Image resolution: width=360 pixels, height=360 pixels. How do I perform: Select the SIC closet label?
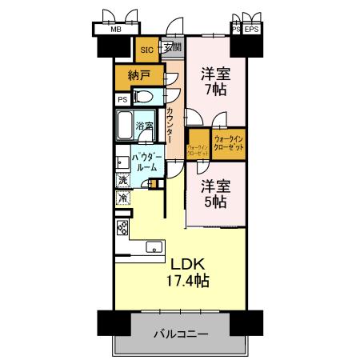pyautogui.click(x=146, y=50)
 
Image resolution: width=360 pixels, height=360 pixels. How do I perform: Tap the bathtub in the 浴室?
pyautogui.click(x=125, y=126)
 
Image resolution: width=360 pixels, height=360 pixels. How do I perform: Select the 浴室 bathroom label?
pyautogui.click(x=144, y=126)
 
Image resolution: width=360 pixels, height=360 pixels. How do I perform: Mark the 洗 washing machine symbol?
pyautogui.click(x=122, y=181)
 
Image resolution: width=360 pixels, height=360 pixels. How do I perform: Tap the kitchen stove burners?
pyautogui.click(x=122, y=227)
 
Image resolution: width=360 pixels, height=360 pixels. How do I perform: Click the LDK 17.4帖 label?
pyautogui.click(x=188, y=272)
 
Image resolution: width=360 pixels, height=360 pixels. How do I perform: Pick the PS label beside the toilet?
pyautogui.click(x=122, y=99)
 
